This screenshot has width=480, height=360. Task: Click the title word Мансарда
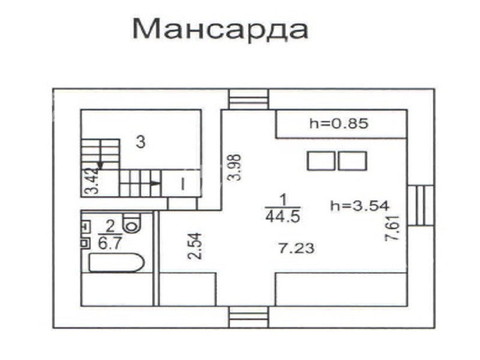pos(220,28)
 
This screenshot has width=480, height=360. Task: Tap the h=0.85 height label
pos(339,124)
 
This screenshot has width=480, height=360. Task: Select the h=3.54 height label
pos(359,205)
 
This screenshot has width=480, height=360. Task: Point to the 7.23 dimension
pos(296,248)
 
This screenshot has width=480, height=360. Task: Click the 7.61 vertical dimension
pos(392,228)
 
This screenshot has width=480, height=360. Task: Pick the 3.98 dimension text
pos(235,167)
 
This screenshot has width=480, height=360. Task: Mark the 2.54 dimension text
pos(195,246)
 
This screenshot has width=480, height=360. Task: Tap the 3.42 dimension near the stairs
pos(92,181)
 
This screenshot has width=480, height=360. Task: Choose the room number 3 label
pos(140,142)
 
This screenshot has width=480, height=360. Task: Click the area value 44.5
pos(283,217)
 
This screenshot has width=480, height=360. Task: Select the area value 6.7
pos(110,244)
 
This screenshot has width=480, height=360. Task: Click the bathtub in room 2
pos(116,262)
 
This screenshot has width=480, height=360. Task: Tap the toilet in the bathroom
pos(131,223)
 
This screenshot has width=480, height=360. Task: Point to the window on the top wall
pos(248,99)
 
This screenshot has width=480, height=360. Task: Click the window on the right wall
pos(421,205)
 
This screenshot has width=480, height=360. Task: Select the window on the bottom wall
pos(248,317)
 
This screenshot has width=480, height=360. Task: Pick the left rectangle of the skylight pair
pos(321,161)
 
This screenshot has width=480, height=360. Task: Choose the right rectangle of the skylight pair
pos(353,161)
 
